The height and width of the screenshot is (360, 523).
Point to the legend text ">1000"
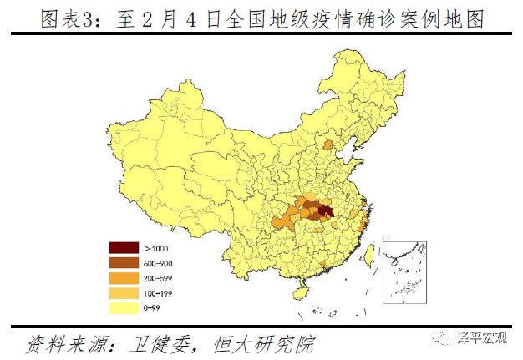coord(155,248)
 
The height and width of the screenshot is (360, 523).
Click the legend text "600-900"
coord(158,263)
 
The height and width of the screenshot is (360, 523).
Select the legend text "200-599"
coord(158,277)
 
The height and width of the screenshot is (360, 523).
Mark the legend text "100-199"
coord(158,293)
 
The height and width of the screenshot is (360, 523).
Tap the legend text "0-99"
coord(153,307)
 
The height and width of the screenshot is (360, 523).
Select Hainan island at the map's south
coord(298,293)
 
